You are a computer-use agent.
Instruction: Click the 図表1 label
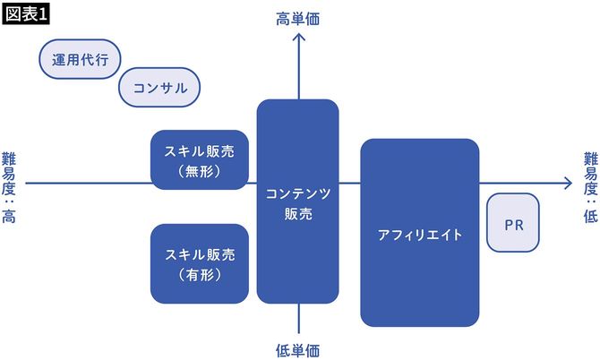tap(27, 15)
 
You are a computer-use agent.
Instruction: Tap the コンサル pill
tap(159, 88)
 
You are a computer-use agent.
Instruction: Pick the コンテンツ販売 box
tap(297, 202)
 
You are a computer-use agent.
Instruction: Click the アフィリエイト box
tap(419, 234)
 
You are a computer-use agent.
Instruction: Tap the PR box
tap(513, 224)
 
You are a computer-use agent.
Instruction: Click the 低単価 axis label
tap(297, 348)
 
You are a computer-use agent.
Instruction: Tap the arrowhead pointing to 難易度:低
tap(567, 183)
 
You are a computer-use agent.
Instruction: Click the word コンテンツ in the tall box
tap(297, 193)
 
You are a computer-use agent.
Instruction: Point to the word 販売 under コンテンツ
tap(297, 214)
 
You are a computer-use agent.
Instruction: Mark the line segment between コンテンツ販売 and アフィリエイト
tap(350, 183)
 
